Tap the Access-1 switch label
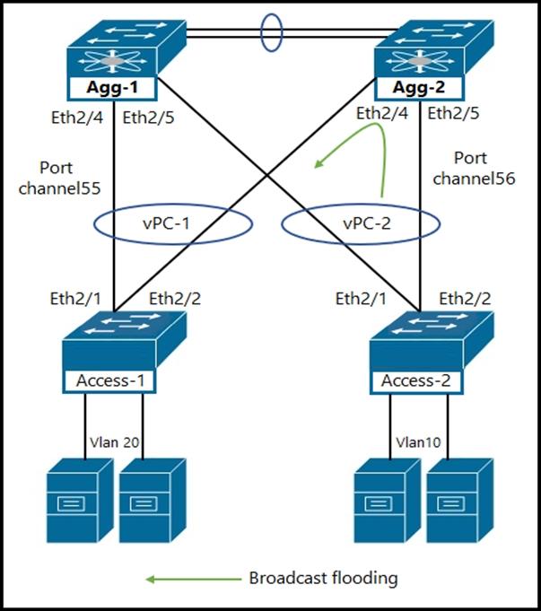click(110, 380)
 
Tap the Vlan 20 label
click(114, 442)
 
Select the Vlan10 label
click(418, 442)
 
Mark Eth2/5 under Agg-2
click(455, 114)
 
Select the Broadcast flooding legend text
click(322, 578)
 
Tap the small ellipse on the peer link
click(270, 31)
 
